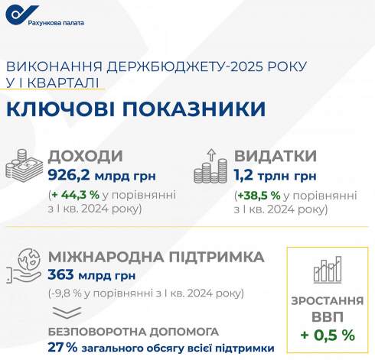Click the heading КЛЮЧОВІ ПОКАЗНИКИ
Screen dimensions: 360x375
coord(135,109)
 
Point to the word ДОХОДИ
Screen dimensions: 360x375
coord(85,157)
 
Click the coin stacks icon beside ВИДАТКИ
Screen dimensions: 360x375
coord(212,168)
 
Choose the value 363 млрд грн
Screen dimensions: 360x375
coord(88,275)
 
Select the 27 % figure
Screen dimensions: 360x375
coord(63,348)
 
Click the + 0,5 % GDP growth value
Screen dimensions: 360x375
coord(328,334)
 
